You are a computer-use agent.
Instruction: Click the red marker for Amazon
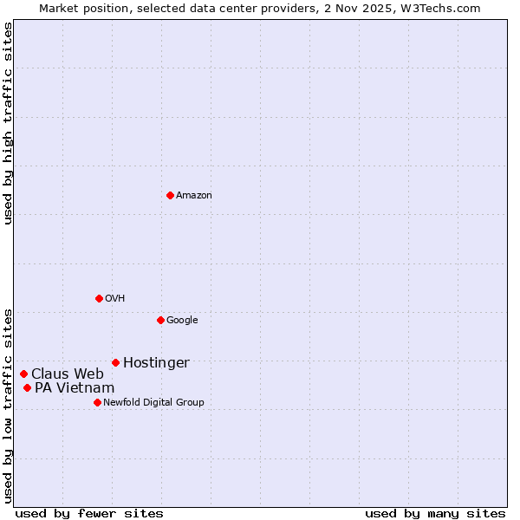(x=170, y=195)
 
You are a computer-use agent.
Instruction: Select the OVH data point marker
(x=99, y=298)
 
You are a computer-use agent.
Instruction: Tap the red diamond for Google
(x=160, y=320)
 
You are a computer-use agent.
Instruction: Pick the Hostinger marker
(x=115, y=362)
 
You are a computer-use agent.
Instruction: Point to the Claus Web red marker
(x=23, y=374)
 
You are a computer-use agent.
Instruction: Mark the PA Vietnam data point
(x=27, y=387)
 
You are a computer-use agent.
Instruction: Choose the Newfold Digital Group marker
(x=97, y=402)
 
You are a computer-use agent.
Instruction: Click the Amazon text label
(x=194, y=196)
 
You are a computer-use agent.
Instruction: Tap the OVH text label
(x=115, y=299)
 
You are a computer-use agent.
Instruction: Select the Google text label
(x=182, y=321)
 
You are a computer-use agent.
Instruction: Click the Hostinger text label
(x=156, y=363)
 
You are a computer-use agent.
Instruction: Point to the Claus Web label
(x=68, y=374)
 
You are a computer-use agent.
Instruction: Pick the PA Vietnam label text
(x=75, y=388)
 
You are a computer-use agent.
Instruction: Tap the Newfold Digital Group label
(x=153, y=403)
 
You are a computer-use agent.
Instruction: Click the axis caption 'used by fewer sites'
(x=89, y=513)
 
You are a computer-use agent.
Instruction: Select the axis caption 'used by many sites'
(x=435, y=513)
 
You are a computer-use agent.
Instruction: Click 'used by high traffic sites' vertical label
(x=8, y=123)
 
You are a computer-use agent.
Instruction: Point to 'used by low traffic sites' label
(x=8, y=405)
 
